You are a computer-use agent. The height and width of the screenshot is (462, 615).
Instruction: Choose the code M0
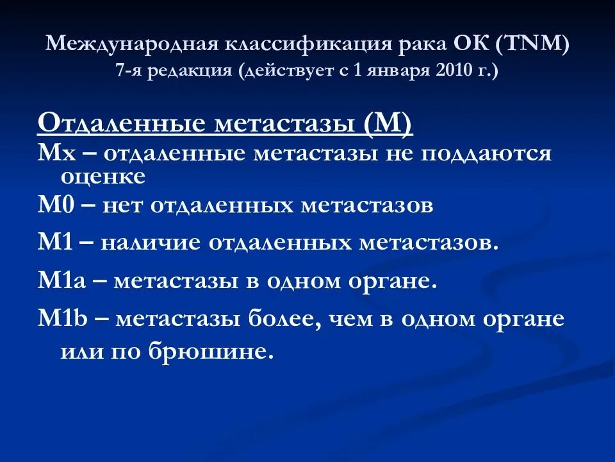pos(54,205)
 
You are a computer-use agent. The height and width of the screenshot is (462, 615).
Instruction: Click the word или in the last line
pos(80,352)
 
